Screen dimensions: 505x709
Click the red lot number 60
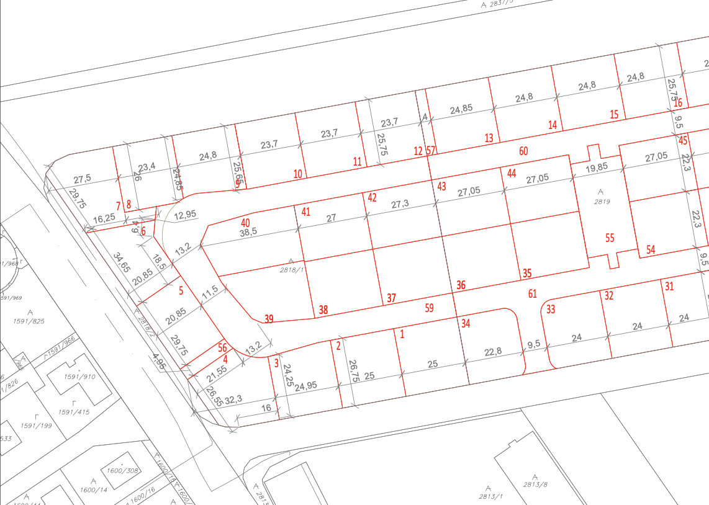click(x=523, y=151)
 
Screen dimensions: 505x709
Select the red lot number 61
click(x=532, y=293)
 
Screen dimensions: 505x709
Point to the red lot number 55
click(x=610, y=238)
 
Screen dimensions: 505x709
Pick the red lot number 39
click(x=269, y=319)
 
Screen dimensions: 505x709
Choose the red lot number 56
click(x=222, y=349)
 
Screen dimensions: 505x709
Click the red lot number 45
click(x=683, y=140)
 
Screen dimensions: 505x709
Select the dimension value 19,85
click(x=597, y=168)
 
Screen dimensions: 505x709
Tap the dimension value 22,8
click(x=494, y=352)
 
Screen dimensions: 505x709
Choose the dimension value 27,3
click(x=400, y=204)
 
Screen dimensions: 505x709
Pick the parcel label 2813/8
click(x=535, y=485)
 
